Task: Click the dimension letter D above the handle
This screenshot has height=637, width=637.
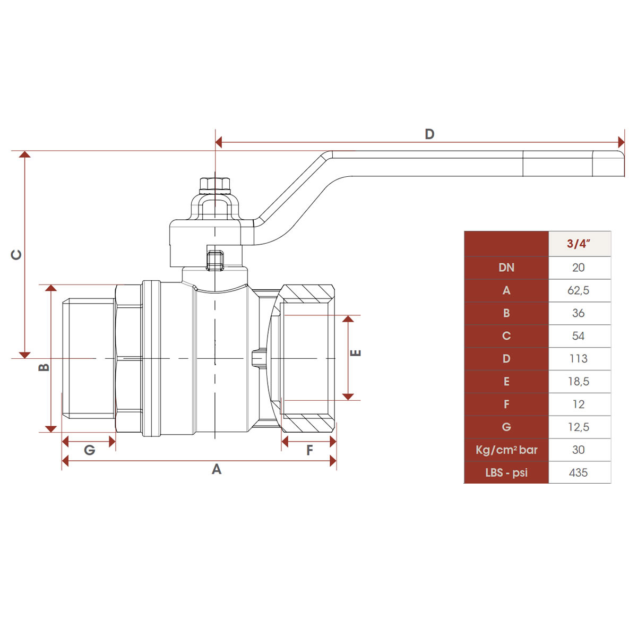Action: [429, 134]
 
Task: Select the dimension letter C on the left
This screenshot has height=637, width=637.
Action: [17, 255]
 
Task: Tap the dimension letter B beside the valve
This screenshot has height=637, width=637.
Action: [44, 367]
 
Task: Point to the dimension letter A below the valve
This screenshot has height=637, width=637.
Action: [217, 469]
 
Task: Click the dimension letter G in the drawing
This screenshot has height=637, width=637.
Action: [90, 451]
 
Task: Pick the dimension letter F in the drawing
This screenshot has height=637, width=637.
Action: [310, 451]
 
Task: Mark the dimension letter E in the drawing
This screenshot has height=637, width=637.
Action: [357, 353]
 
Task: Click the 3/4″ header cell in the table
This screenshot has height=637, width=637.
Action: [579, 244]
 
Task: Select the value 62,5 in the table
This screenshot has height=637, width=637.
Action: [579, 290]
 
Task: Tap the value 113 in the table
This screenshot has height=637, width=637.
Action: [579, 359]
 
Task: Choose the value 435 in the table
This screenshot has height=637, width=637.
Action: [579, 472]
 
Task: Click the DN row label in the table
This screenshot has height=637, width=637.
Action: [506, 268]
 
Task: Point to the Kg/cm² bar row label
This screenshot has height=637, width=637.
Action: [506, 450]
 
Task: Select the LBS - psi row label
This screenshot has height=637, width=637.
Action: [506, 472]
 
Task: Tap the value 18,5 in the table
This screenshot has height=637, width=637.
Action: [579, 382]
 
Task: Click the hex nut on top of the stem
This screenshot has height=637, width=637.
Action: [215, 185]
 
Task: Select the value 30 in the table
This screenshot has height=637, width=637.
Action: [579, 450]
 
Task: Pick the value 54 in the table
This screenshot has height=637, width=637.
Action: [579, 336]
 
